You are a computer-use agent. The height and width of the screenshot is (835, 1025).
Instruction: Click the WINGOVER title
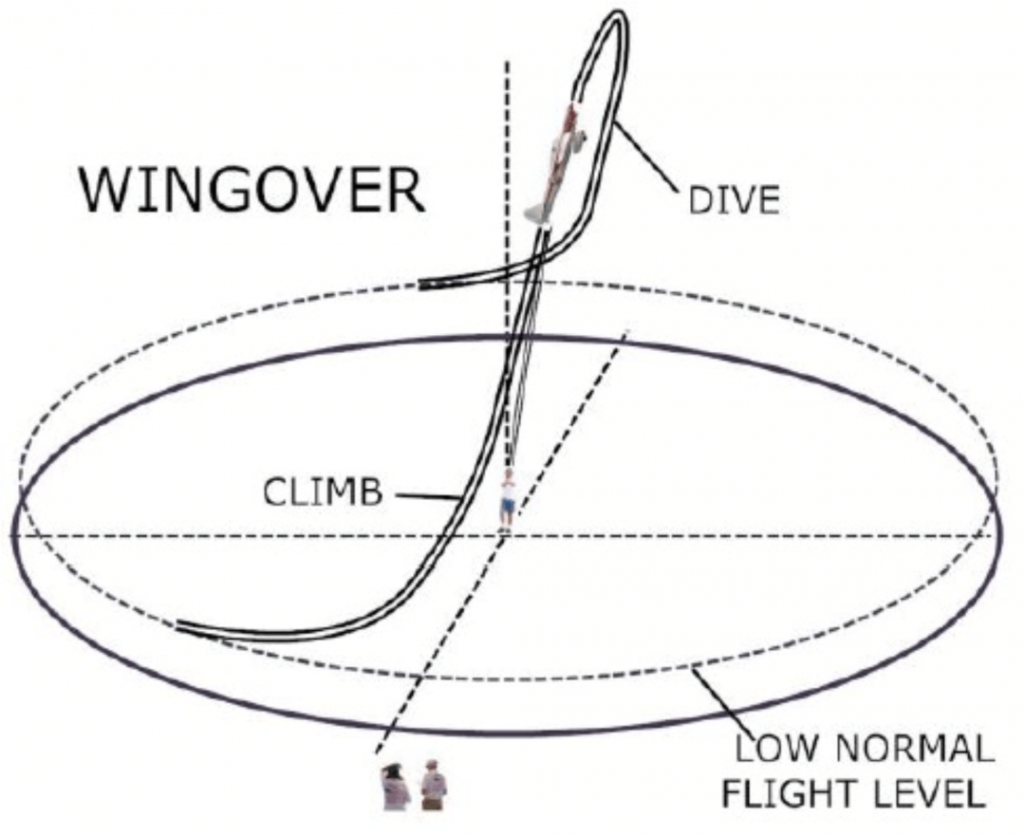(x=252, y=191)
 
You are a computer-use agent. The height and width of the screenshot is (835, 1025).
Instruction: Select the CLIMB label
(x=322, y=493)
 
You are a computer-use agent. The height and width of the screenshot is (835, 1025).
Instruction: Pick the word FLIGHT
(x=787, y=791)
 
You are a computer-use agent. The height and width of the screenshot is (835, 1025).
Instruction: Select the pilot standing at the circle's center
(x=508, y=498)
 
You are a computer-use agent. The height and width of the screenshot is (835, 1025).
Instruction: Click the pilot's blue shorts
(x=508, y=507)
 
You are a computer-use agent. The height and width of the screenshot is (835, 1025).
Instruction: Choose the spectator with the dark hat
(x=395, y=787)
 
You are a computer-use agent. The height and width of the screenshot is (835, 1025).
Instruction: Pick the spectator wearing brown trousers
(x=434, y=787)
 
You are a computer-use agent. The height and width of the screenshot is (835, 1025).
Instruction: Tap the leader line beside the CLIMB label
(x=424, y=495)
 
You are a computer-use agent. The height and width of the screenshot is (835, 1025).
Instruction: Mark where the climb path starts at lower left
(x=180, y=624)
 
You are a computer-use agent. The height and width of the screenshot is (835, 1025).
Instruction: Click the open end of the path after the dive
(x=422, y=284)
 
